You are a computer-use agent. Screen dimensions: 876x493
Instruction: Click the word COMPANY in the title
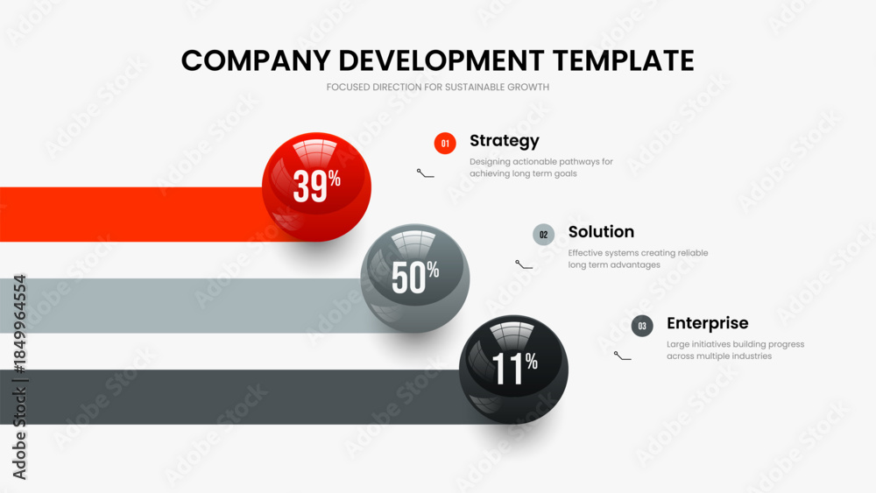[256, 60]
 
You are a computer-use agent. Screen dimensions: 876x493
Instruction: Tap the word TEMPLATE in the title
[624, 60]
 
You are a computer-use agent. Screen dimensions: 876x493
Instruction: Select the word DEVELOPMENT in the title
[442, 60]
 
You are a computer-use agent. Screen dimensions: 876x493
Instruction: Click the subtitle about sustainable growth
[438, 87]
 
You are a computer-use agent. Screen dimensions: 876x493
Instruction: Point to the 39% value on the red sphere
[317, 186]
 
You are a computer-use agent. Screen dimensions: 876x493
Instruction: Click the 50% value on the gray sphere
[415, 277]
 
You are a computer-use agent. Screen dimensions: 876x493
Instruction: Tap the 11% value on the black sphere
[514, 368]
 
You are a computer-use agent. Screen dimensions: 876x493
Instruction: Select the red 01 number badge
[445, 144]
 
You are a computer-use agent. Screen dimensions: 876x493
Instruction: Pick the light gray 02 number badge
[544, 235]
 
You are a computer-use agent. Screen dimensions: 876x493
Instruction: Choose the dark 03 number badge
[642, 326]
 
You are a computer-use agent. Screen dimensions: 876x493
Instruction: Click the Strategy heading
[505, 141]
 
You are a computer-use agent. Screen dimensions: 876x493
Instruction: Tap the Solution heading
[601, 232]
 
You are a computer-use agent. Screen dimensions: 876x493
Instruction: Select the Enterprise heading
[707, 323]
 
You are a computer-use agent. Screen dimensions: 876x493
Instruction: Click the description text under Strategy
[540, 167]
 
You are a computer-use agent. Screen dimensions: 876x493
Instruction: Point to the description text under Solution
[638, 259]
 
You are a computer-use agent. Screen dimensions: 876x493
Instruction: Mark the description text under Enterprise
[735, 350]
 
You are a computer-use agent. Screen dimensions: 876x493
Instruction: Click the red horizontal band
[131, 215]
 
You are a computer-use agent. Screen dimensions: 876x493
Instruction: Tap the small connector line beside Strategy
[425, 173]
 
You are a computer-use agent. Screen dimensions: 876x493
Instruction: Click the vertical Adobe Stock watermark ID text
[19, 377]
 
